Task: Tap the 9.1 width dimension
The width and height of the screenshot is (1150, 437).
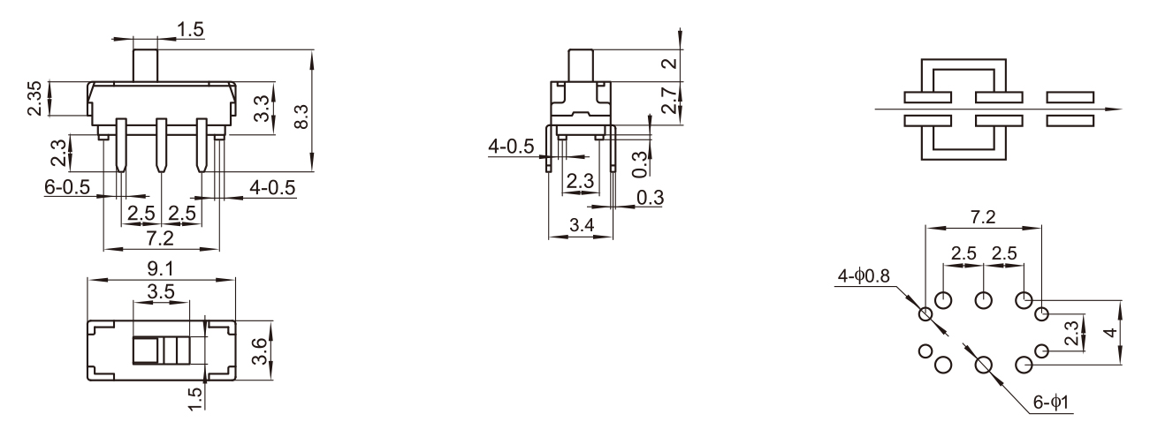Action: point(160,267)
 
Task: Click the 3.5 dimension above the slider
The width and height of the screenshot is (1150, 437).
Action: point(159,290)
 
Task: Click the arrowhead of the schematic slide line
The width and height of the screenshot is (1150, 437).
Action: point(1116,109)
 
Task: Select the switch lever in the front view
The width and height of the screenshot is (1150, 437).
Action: point(145,65)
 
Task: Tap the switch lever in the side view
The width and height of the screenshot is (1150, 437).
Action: point(581,64)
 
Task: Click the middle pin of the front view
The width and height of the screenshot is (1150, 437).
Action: point(161,144)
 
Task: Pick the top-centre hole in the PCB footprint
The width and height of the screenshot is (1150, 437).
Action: point(983,301)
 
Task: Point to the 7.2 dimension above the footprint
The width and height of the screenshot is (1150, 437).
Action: point(983,216)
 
